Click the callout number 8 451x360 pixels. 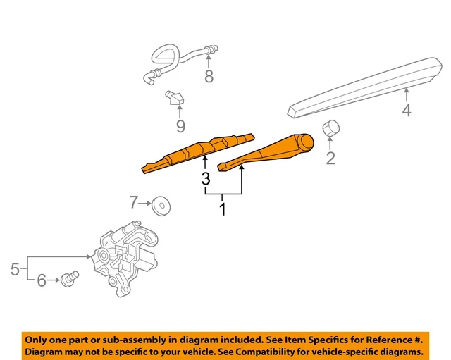(209, 77)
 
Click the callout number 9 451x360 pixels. (180, 126)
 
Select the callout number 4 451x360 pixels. (407, 110)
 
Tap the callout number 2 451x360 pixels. (330, 159)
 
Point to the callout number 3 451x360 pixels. (206, 179)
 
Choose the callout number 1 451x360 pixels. (223, 209)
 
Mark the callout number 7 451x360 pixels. (133, 202)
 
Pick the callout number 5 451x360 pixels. (15, 269)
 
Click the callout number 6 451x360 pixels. (42, 280)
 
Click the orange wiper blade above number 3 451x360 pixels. (198, 154)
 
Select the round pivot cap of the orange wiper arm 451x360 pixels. (305, 142)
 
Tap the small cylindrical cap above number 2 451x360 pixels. (330, 128)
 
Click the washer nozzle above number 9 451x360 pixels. (175, 98)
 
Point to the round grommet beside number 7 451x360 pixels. (161, 206)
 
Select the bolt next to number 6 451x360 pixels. (70, 278)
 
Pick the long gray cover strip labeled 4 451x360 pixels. (365, 87)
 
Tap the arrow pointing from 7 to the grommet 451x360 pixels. (145, 204)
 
